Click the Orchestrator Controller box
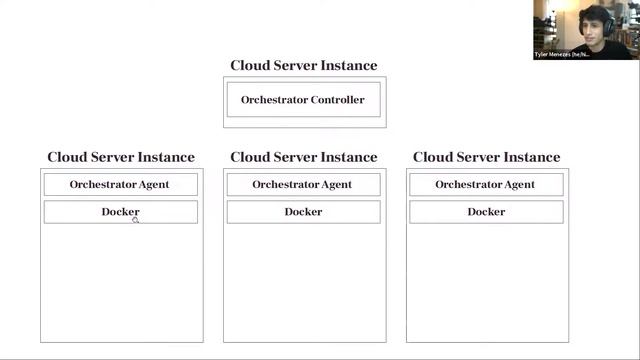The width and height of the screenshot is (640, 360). (303, 100)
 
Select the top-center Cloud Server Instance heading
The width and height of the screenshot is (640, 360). (304, 66)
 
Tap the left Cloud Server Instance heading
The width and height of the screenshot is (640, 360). (121, 157)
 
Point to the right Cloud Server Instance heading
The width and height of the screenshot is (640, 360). (487, 157)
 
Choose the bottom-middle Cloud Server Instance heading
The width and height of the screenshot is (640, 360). (304, 157)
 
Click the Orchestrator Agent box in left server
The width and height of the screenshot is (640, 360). (120, 184)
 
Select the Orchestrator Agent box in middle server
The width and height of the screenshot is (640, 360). (303, 184)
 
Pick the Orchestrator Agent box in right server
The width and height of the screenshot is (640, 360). (486, 184)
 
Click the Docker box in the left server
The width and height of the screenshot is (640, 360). (120, 212)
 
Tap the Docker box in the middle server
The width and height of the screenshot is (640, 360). (303, 212)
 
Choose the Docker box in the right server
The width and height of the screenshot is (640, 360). (486, 212)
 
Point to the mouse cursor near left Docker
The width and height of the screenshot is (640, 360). (135, 219)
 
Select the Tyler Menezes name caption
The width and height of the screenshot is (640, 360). (562, 54)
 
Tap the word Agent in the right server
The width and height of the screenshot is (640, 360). (518, 184)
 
